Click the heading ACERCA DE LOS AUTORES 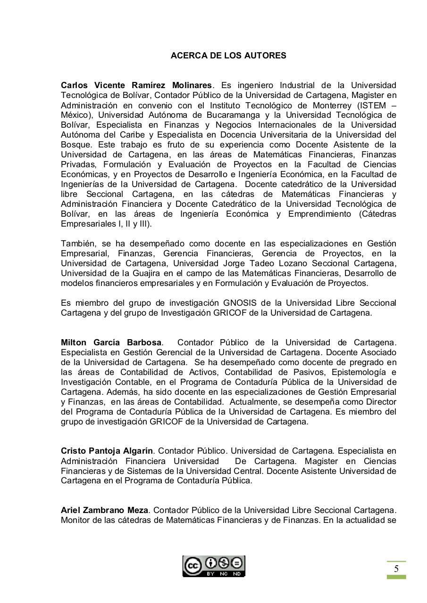click(x=228, y=56)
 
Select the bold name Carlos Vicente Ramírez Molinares click(x=136, y=85)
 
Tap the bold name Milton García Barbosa click(x=111, y=342)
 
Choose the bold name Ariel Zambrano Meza click(x=105, y=510)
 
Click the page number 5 click(x=396, y=569)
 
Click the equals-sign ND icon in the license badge click(x=236, y=563)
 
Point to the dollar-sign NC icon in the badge click(x=224, y=563)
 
